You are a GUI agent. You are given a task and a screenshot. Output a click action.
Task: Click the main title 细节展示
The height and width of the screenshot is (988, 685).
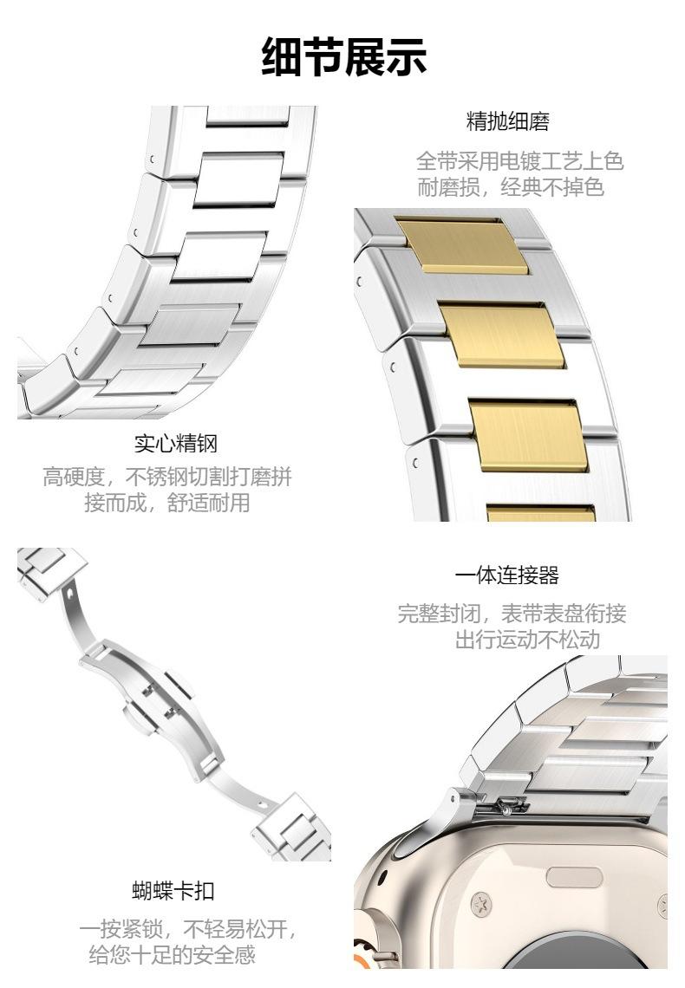[344, 56]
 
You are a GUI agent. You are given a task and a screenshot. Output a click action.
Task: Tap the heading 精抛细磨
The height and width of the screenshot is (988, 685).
[508, 121]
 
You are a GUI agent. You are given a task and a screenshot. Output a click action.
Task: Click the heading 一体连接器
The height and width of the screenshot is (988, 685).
[507, 575]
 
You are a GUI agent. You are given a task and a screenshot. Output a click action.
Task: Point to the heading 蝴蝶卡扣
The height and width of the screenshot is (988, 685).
[173, 890]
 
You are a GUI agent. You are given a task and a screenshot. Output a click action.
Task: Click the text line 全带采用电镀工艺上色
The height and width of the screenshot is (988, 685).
[520, 161]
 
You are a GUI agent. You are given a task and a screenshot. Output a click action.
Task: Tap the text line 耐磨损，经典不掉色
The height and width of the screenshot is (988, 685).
[511, 187]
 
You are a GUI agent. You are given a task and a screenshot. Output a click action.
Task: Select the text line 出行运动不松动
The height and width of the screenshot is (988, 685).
[527, 640]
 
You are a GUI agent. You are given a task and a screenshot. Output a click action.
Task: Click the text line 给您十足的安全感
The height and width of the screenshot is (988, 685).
[172, 954]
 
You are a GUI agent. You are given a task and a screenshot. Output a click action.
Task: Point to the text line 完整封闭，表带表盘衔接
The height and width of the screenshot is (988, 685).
[512, 613]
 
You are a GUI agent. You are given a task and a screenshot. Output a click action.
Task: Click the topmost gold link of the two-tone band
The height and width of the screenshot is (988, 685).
[462, 246]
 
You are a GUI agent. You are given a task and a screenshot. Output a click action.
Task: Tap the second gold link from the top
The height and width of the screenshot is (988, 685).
[502, 335]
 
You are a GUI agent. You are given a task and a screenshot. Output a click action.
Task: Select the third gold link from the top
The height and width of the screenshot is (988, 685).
[528, 435]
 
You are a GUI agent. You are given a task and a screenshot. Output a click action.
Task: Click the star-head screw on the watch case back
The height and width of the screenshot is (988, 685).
[481, 906]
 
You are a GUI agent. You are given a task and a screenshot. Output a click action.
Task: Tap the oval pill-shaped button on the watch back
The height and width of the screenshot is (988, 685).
[574, 877]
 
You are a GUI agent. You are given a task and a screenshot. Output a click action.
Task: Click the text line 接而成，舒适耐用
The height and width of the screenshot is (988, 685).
[167, 503]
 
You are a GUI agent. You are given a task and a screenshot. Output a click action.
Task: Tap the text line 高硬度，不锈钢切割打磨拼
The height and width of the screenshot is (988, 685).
[167, 477]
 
